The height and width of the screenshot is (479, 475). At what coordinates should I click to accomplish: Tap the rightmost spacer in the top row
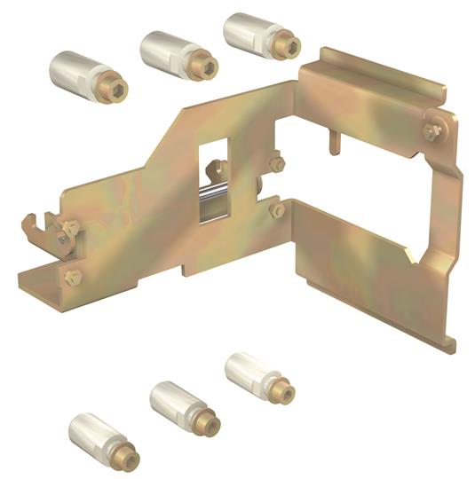257,33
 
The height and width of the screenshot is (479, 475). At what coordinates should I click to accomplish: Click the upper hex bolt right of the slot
276,164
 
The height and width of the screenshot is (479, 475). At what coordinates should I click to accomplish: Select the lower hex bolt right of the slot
276,210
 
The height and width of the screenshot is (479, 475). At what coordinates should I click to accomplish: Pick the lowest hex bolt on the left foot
71,277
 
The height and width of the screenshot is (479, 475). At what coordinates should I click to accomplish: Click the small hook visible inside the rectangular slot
216,167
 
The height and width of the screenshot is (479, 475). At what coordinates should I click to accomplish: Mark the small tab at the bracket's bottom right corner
452,341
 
